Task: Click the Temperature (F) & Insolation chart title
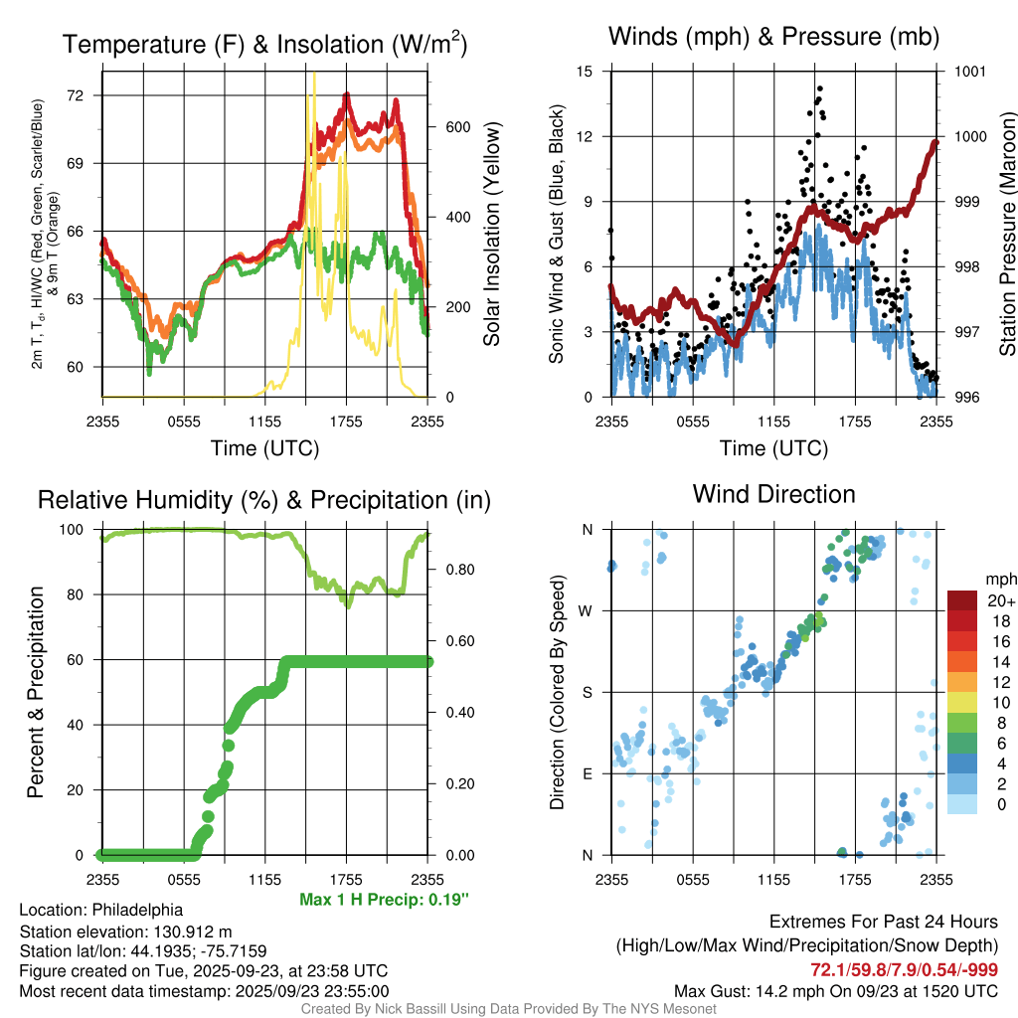click(264, 44)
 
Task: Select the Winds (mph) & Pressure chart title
click(773, 37)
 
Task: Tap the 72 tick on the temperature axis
click(76, 95)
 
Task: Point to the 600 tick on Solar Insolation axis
click(456, 127)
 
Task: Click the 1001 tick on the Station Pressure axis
click(968, 72)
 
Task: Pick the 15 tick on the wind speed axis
click(585, 72)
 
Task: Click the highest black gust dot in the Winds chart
click(819, 88)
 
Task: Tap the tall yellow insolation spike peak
click(314, 75)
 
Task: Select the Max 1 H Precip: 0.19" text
click(383, 900)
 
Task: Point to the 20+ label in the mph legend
click(998, 600)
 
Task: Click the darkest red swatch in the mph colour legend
click(962, 600)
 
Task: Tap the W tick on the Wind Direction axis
click(587, 610)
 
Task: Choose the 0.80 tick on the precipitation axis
click(456, 570)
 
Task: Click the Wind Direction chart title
click(773, 494)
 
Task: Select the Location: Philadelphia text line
click(100, 910)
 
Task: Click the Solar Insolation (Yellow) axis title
click(491, 235)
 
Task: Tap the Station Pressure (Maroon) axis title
click(1006, 235)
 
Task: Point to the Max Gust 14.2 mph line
click(836, 991)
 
